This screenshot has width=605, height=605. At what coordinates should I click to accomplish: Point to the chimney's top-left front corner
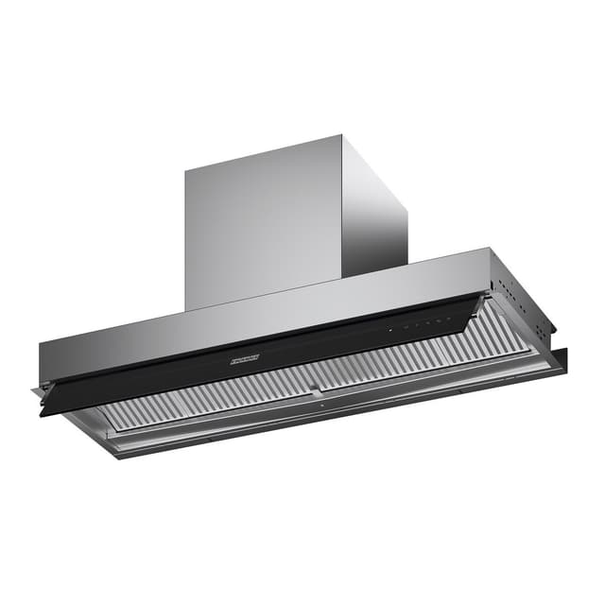click(186, 171)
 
